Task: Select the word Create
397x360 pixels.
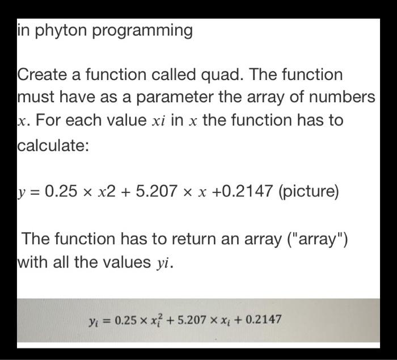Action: click(x=43, y=75)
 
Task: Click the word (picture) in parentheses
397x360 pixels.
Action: click(x=307, y=191)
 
